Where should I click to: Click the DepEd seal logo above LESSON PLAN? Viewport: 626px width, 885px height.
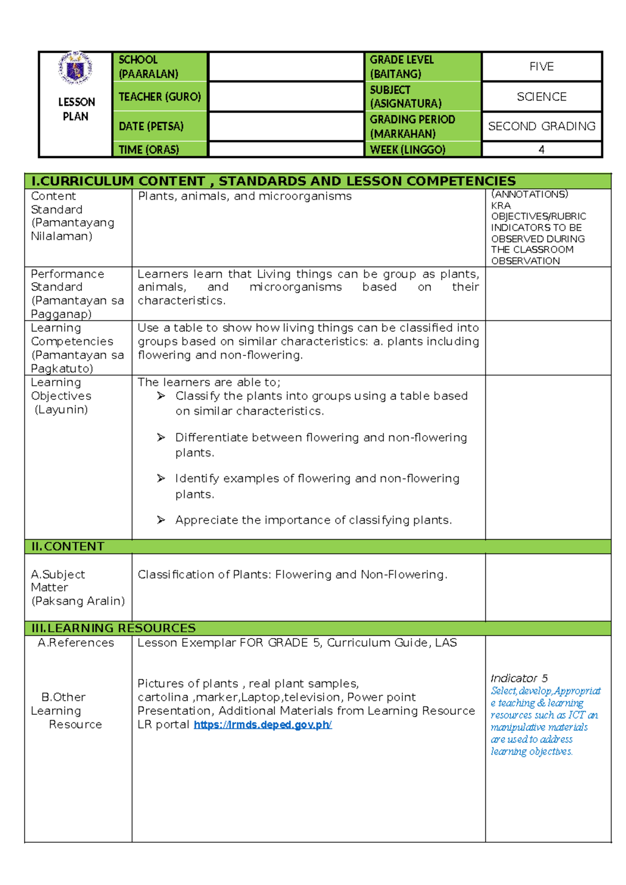(76, 68)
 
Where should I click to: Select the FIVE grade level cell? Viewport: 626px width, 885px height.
(541, 67)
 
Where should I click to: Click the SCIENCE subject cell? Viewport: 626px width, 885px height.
(541, 97)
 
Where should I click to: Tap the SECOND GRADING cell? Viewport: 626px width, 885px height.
(541, 126)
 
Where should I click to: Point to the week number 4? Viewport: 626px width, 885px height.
(541, 150)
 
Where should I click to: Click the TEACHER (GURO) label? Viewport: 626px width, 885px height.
(160, 97)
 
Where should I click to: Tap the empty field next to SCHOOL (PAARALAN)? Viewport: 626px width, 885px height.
(286, 67)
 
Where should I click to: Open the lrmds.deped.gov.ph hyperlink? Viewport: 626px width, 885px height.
(262, 725)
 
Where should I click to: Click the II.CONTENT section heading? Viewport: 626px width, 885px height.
(68, 546)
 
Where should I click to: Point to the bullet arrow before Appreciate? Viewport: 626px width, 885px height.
(161, 520)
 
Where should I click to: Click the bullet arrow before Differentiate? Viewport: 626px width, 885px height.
(161, 437)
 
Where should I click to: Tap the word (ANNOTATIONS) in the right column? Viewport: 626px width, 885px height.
(529, 194)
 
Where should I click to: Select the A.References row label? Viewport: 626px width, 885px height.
(76, 643)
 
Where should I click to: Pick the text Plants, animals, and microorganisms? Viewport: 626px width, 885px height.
(245, 196)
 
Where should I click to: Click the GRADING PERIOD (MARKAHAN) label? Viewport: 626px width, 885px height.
(412, 126)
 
